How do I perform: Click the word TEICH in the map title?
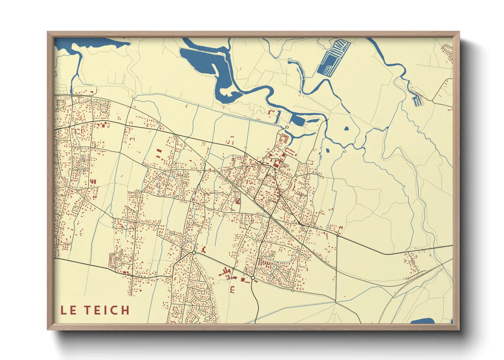[x=107, y=310]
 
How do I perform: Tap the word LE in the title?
[x=68, y=310]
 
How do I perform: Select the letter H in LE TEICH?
[x=125, y=310]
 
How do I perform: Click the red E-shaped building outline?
[x=233, y=290]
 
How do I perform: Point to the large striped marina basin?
[x=333, y=58]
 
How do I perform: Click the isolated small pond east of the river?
[x=346, y=129]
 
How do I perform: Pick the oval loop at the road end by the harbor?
[x=287, y=127]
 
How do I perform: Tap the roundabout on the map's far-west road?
[x=69, y=127]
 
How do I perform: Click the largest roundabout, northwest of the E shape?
[x=194, y=252]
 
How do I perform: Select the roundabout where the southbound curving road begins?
[x=253, y=278]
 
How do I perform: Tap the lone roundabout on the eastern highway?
[x=337, y=235]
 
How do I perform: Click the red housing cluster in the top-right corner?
[x=447, y=53]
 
